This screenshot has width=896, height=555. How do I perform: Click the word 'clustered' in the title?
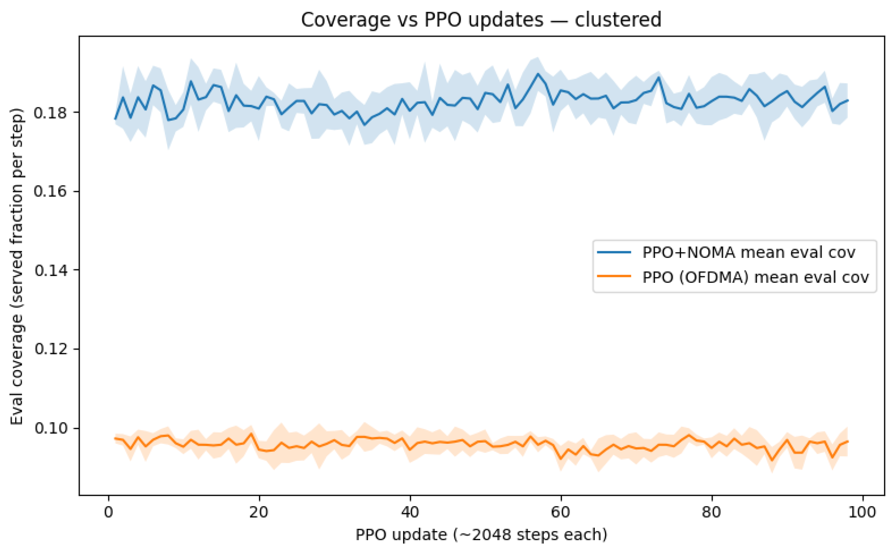tap(618, 20)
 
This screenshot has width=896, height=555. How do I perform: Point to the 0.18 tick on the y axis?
tap(51, 113)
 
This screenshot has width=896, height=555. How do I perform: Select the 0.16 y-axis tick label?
tap(51, 192)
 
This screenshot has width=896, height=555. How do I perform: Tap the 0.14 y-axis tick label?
tap(51, 270)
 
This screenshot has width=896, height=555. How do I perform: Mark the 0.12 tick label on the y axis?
tap(51, 349)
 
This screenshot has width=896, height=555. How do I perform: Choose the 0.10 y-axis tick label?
tap(51, 428)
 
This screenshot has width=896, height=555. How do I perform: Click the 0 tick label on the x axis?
tap(108, 512)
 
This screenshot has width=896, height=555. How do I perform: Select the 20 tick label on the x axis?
tap(259, 512)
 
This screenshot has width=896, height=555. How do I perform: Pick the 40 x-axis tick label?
tap(410, 512)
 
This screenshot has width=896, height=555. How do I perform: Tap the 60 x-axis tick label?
tap(561, 512)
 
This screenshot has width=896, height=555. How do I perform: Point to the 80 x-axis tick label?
tap(712, 512)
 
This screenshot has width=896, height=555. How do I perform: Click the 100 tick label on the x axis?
tap(862, 512)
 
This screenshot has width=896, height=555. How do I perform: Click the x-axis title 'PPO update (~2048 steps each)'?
tap(481, 535)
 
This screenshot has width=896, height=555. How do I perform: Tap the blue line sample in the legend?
tap(614, 253)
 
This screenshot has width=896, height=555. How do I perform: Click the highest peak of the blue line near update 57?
tap(538, 74)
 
